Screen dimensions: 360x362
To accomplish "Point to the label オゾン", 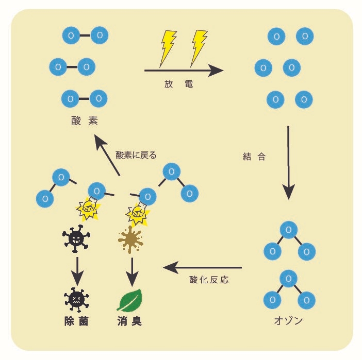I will click(x=287, y=321).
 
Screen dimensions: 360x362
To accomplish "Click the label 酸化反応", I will click(x=208, y=280).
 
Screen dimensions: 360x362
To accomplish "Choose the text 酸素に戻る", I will click(x=136, y=155).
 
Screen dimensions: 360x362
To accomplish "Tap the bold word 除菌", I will click(x=76, y=321).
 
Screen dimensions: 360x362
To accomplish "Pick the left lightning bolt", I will click(x=168, y=47).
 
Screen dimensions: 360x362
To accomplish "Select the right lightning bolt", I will click(x=198, y=47).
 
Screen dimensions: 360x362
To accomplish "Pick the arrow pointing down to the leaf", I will click(x=133, y=271).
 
